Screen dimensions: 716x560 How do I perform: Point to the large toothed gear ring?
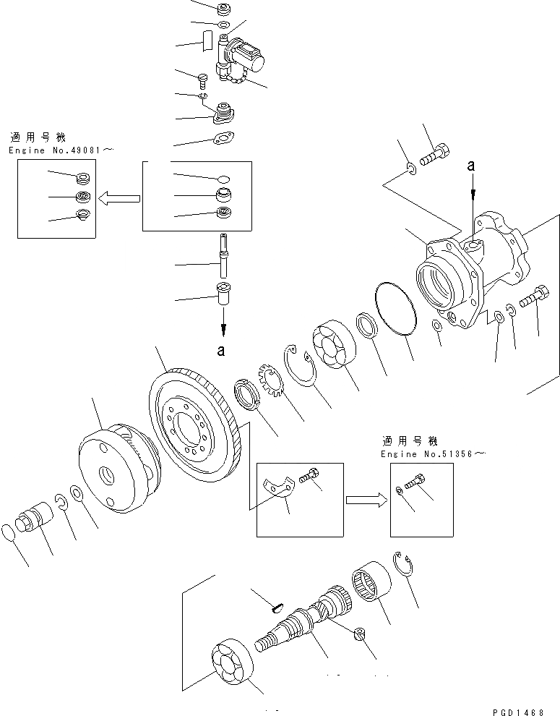click(193, 426)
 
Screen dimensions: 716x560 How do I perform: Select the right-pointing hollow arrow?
click(366, 500)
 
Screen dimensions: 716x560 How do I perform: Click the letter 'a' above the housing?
click(472, 166)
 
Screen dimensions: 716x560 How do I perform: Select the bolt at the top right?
click(436, 154)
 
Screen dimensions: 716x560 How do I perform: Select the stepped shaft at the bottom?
click(303, 622)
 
